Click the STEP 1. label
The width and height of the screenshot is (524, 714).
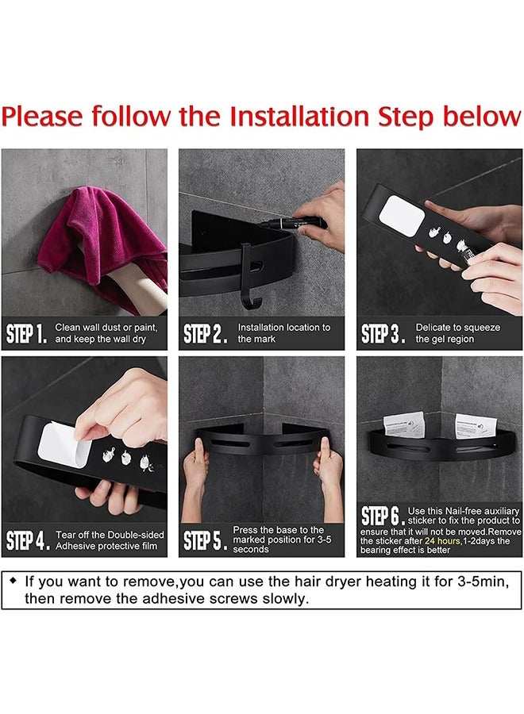[x=27, y=334]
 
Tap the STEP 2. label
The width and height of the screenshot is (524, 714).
[x=205, y=334]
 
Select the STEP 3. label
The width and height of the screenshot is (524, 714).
[x=383, y=334]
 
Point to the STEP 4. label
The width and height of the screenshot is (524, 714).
[x=27, y=540]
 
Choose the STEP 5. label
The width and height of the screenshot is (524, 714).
[x=205, y=540]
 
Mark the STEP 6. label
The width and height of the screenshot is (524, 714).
[x=383, y=516]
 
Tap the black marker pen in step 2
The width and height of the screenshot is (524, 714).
[x=292, y=223]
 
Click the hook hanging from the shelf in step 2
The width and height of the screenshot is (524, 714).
[x=250, y=278]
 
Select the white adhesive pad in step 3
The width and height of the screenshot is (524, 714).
[x=402, y=216]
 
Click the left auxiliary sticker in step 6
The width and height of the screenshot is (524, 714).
[x=403, y=425]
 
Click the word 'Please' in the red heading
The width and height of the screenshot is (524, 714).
[x=42, y=117]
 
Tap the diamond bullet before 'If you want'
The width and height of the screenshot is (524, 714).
[x=13, y=581]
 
